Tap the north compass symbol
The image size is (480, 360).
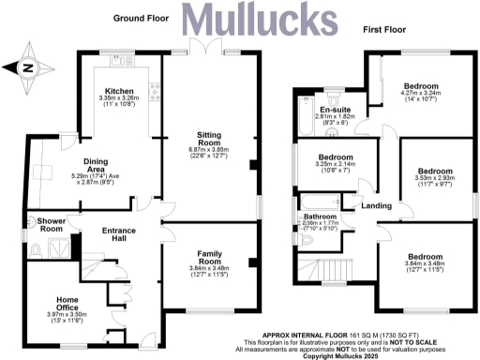pos(27,67)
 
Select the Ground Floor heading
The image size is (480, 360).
pos(141,18)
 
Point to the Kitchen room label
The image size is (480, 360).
pos(120,90)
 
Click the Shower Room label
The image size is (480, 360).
pos(51,224)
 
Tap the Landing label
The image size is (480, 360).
pos(376,204)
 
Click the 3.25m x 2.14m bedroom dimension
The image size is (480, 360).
pos(336,166)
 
